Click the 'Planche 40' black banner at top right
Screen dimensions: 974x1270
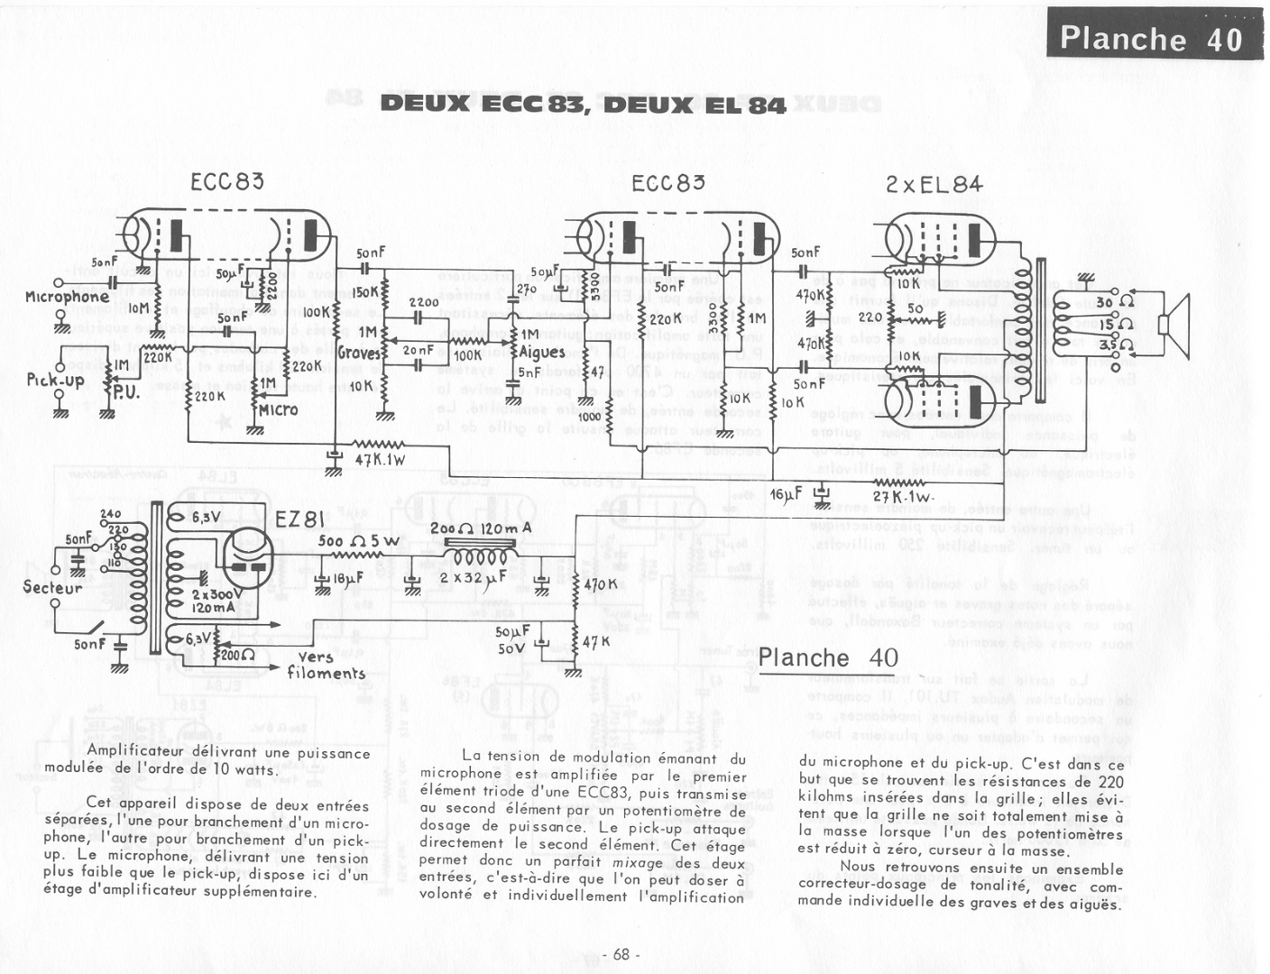(x=1151, y=38)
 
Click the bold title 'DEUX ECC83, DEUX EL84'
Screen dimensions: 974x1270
(x=583, y=104)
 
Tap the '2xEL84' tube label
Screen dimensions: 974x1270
(x=934, y=185)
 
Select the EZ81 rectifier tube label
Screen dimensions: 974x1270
(x=299, y=519)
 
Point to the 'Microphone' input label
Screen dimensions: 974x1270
(x=67, y=297)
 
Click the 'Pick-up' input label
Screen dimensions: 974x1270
(x=55, y=380)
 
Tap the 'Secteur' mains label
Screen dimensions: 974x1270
(x=52, y=588)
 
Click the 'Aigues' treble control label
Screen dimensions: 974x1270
(x=542, y=352)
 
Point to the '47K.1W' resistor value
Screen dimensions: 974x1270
(x=380, y=459)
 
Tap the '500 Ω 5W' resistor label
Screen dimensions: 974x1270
(x=358, y=541)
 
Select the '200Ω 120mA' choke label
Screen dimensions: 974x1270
(x=480, y=528)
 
